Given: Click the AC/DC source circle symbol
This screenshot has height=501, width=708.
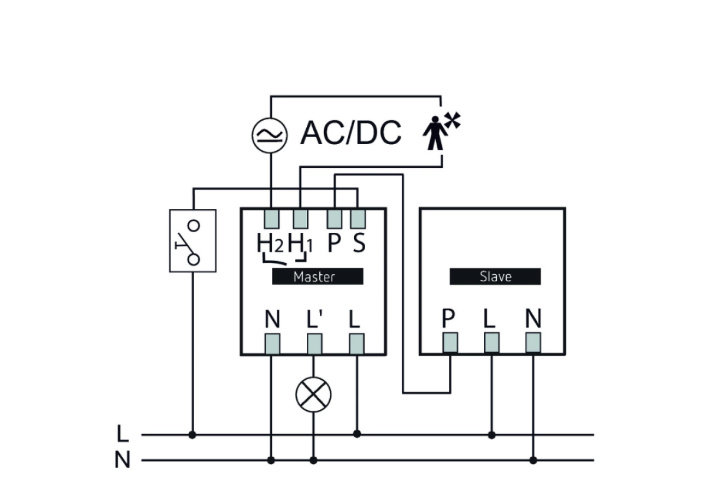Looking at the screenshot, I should tap(270, 135).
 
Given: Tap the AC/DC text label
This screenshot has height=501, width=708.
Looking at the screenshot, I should tap(350, 133).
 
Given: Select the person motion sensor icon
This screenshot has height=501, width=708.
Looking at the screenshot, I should tap(438, 133).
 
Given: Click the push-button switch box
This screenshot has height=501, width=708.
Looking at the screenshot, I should tap(192, 241).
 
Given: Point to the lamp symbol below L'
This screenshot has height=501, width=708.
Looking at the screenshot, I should tap(313, 394).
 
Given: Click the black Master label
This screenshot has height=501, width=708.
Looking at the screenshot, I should tap(317, 276).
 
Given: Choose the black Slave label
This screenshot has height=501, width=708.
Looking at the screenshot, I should tap(495, 276).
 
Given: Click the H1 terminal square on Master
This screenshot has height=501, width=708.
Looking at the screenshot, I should tap(300, 219).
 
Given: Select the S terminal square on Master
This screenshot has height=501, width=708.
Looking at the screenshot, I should tap(358, 219).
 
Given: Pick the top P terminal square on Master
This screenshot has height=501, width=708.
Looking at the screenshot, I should tap(334, 219).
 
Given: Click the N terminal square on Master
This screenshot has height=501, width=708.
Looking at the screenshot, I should tap(271, 343).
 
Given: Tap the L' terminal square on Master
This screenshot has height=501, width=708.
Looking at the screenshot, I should tap(314, 343).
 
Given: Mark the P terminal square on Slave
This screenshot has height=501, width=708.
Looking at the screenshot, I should tap(450, 342).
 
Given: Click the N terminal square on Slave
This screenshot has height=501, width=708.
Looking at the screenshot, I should tap(533, 342).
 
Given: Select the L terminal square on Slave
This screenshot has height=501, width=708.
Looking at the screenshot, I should tap(491, 342).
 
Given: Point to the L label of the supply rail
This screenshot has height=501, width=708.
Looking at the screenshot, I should tap(122, 434).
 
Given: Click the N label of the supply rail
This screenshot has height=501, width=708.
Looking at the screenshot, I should tap(122, 460).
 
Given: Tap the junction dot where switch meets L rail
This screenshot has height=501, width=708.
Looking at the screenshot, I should tap(192, 435).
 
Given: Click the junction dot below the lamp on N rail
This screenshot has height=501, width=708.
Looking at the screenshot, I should tap(313, 460).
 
